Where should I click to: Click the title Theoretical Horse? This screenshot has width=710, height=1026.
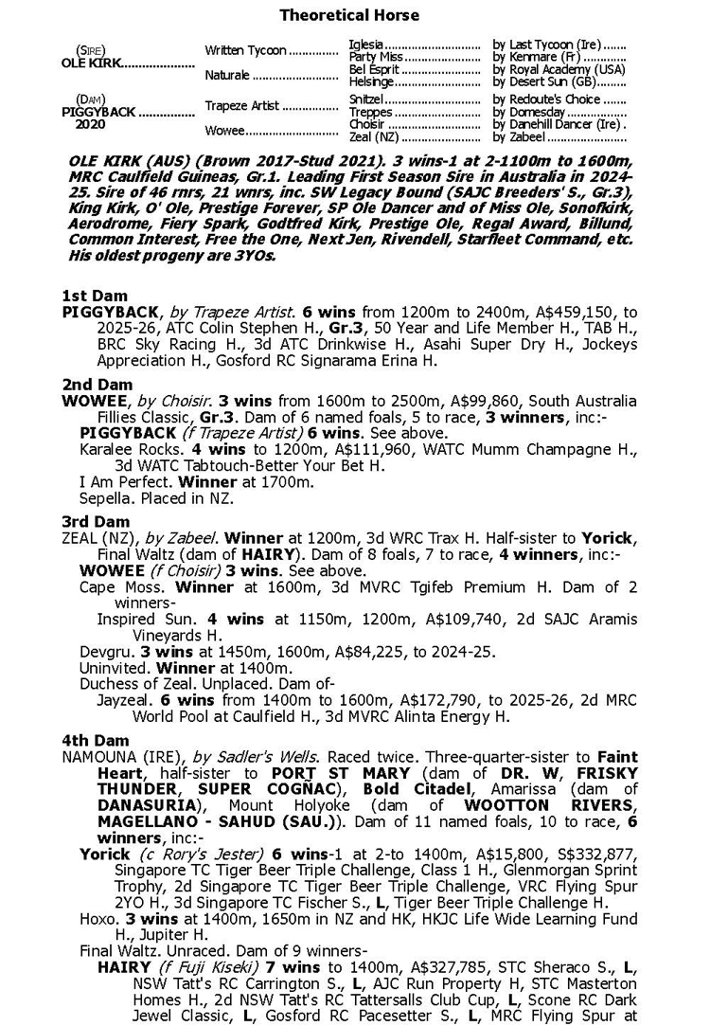pyautogui.click(x=349, y=15)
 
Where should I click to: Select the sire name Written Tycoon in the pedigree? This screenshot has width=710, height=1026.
pyautogui.click(x=245, y=51)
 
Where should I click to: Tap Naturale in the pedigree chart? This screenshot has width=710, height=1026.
pyautogui.click(x=227, y=75)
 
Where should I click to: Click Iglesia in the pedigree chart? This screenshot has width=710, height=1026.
pyautogui.click(x=366, y=45)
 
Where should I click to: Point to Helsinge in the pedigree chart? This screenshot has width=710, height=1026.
pyautogui.click(x=372, y=82)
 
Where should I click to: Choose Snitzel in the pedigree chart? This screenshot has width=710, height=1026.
pyautogui.click(x=366, y=99)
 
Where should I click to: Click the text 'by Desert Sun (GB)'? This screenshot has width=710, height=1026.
pyautogui.click(x=544, y=82)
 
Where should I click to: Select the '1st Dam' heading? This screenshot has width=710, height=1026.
pyautogui.click(x=95, y=296)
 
